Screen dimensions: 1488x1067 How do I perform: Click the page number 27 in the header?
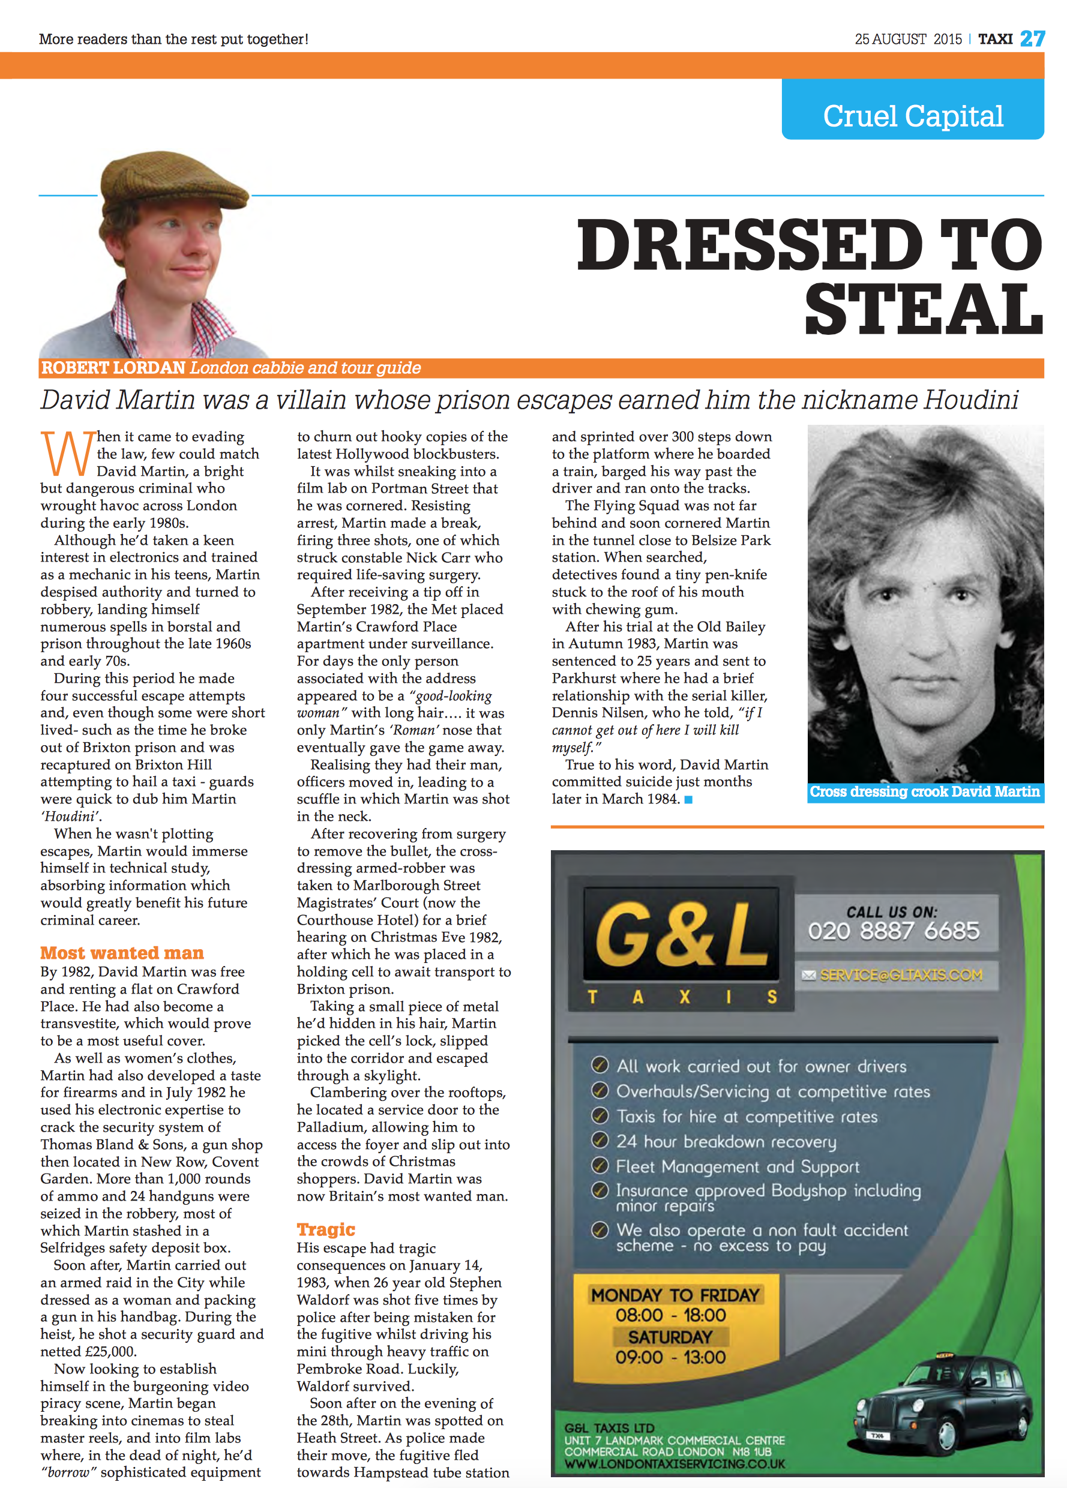[x=1032, y=39]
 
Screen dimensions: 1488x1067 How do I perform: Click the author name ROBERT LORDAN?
[x=113, y=367]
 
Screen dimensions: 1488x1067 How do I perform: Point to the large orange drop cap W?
[x=67, y=454]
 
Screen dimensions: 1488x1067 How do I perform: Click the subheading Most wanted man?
[x=122, y=952]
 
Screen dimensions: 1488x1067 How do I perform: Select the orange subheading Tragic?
[x=325, y=1229]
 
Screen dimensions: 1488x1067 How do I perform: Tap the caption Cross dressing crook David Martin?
[x=924, y=791]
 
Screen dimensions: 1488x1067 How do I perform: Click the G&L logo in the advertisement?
[x=681, y=933]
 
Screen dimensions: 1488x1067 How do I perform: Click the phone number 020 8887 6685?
[x=893, y=931]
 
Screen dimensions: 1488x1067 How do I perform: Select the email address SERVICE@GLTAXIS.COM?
[x=900, y=975]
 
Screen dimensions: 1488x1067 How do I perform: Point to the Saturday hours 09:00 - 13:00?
[x=670, y=1357]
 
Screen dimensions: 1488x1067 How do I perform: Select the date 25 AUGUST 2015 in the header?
[x=907, y=40]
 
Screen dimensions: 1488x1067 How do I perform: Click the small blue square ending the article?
[x=688, y=799]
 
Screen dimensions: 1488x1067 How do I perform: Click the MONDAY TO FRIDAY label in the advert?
[x=675, y=1295]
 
